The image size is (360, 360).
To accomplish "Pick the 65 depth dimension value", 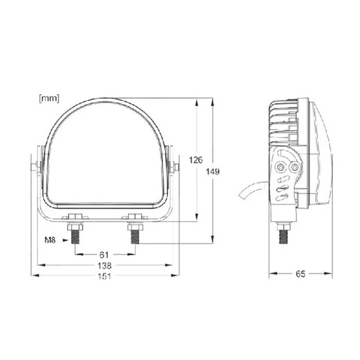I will point(301,274).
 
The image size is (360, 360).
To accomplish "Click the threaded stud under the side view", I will point(282,235).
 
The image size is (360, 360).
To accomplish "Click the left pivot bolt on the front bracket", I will point(34,167).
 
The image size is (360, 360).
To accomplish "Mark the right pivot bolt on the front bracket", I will point(176,167).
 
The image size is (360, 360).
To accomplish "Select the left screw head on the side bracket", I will point(280,168).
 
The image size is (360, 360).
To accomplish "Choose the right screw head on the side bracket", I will point(295,168).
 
